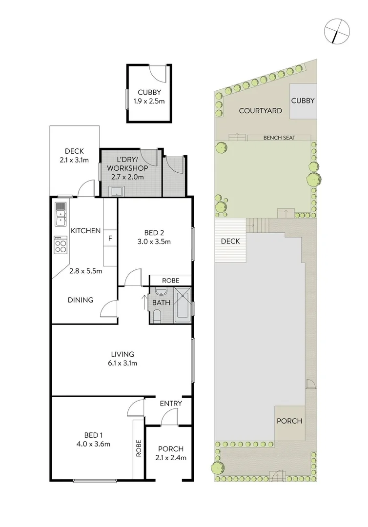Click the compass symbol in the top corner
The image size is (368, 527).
(336, 31)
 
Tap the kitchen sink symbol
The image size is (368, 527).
(61, 214)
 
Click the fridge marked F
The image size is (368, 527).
(110, 239)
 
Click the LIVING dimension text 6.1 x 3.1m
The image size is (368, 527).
(122, 363)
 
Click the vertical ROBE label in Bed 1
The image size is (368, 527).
(139, 448)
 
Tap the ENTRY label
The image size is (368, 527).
(171, 404)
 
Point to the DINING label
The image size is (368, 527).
(81, 300)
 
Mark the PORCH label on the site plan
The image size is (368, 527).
(289, 421)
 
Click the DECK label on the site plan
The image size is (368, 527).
(230, 241)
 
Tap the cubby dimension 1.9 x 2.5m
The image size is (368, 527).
(149, 101)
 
